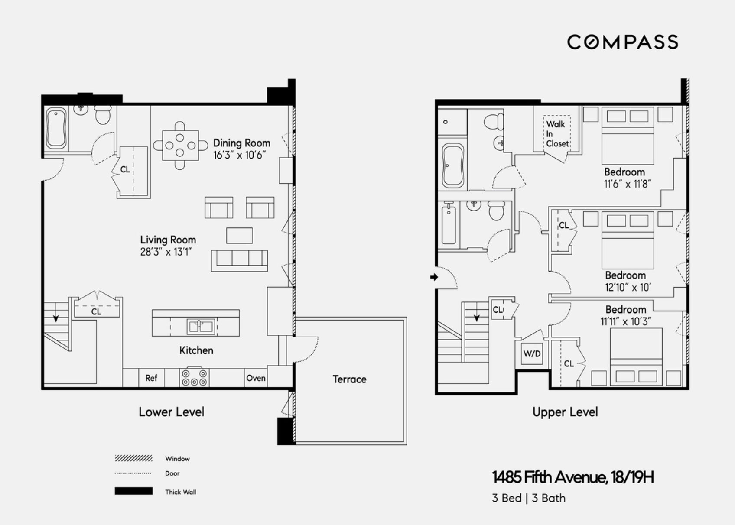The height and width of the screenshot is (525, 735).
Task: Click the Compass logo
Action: [x=622, y=42]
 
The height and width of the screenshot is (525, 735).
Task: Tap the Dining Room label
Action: [x=241, y=143]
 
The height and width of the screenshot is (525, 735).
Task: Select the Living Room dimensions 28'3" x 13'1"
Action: [x=166, y=252]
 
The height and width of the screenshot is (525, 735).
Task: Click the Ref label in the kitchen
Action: [x=151, y=378]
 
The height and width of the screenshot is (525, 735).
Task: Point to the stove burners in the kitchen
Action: [x=194, y=377]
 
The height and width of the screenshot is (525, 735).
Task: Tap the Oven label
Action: [x=256, y=378]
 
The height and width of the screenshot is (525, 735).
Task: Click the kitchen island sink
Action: [x=200, y=326]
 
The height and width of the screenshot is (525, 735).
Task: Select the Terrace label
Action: [x=349, y=379]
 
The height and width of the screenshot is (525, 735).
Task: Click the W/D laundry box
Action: [x=532, y=353]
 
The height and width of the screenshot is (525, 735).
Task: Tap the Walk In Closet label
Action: [x=556, y=134]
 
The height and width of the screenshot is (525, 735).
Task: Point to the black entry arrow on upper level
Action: [x=434, y=277]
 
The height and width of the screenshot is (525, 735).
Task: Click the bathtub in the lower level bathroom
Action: [x=56, y=128]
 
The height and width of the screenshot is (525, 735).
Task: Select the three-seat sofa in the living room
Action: [x=239, y=260]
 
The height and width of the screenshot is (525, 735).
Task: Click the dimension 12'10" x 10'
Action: [x=628, y=288]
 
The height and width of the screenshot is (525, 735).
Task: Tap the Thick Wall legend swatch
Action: [x=133, y=491]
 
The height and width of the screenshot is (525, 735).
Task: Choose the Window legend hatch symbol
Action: [x=133, y=458]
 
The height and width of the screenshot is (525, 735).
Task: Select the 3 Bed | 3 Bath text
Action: [x=528, y=498]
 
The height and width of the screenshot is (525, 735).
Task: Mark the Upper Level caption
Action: [x=565, y=412]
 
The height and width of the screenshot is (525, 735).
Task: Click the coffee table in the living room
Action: [x=239, y=236]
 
